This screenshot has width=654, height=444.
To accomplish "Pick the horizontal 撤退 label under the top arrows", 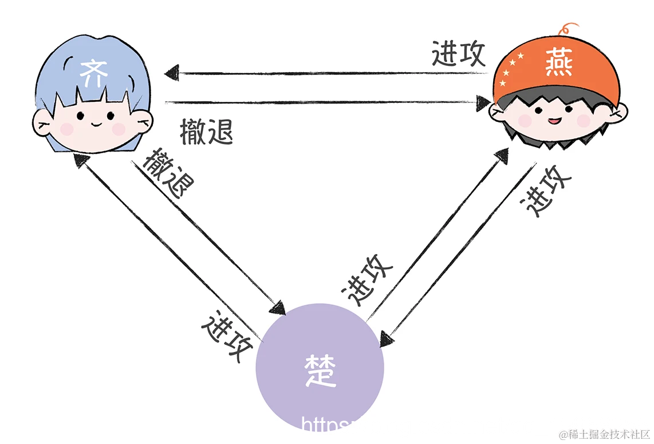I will (x=206, y=132).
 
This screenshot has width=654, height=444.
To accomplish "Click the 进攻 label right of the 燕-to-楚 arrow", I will (x=549, y=191).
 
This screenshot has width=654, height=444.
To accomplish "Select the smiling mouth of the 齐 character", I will (x=95, y=122).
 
